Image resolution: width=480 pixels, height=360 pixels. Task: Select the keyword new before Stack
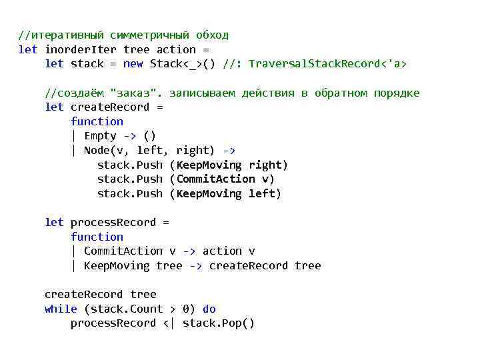133,64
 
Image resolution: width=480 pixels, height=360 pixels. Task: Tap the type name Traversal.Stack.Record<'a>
327,64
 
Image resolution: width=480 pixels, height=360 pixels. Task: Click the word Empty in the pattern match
100,136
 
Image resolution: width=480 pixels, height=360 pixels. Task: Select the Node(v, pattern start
107,150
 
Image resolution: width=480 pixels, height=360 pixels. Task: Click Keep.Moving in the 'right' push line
209,165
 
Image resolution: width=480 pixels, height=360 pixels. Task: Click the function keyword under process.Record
97,237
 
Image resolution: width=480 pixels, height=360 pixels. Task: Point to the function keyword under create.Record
97,121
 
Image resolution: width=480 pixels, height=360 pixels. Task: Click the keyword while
61,309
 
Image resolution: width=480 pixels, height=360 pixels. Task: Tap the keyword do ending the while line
209,309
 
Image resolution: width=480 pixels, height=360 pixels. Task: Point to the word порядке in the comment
397,93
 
